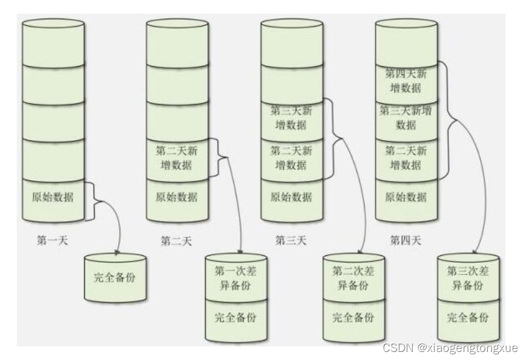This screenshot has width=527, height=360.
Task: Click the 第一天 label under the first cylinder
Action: point(52,240)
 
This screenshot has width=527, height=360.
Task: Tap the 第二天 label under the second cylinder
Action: point(176,240)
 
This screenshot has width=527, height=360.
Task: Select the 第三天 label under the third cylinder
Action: point(291,240)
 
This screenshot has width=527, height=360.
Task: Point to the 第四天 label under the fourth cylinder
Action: point(406,240)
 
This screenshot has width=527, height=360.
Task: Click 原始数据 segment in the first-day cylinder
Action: point(52,198)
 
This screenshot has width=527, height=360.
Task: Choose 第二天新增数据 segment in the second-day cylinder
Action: point(176,158)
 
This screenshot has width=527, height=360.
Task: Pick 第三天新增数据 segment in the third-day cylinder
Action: point(291,118)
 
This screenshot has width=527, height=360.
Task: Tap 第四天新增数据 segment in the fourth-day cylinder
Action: point(406,80)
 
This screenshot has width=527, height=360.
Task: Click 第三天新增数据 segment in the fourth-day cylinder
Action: point(406,118)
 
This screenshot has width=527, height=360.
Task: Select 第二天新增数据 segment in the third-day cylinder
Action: point(291,158)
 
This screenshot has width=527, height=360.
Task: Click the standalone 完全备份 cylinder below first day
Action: point(115,277)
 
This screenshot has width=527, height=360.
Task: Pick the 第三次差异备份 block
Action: point(468,278)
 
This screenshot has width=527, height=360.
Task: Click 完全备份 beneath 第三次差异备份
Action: point(468,318)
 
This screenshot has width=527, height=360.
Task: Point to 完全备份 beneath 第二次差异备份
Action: point(353,318)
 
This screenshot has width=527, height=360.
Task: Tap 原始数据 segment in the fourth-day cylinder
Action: point(406,198)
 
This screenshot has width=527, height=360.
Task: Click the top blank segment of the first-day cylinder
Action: point(52,42)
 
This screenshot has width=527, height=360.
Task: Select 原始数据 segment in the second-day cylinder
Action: point(176,198)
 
